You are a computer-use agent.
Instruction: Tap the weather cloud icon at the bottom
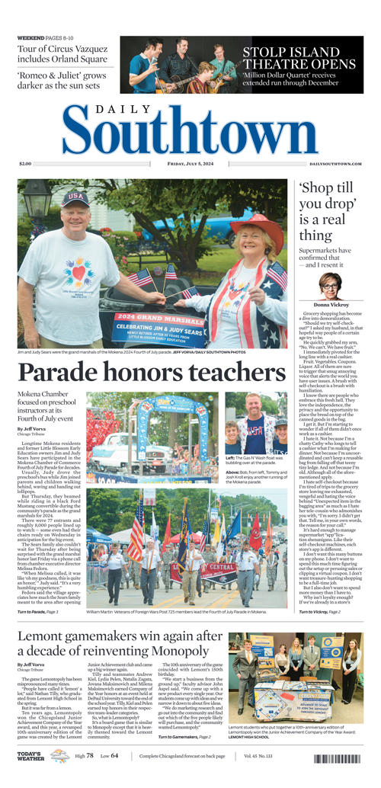59,755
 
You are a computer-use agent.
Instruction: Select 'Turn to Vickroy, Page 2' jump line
319,611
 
